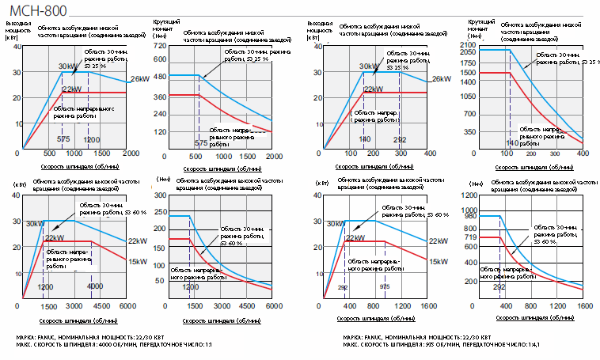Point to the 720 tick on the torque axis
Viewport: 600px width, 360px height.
159,46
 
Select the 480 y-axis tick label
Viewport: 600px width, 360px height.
159,76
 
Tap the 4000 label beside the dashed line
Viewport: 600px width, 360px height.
96,286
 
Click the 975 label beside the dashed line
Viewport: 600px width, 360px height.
385,286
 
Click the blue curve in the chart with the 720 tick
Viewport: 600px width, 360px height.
237,99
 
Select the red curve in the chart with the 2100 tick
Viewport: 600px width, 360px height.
538,111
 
